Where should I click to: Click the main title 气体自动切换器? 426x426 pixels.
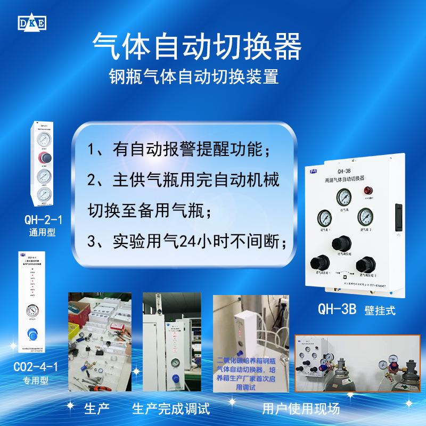point(197,45)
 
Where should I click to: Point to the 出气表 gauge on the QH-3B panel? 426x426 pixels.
point(344,199)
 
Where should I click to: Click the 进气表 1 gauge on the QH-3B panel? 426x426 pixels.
point(324,217)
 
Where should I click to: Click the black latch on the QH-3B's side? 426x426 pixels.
point(396,216)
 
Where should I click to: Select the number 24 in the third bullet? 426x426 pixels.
point(181,243)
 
